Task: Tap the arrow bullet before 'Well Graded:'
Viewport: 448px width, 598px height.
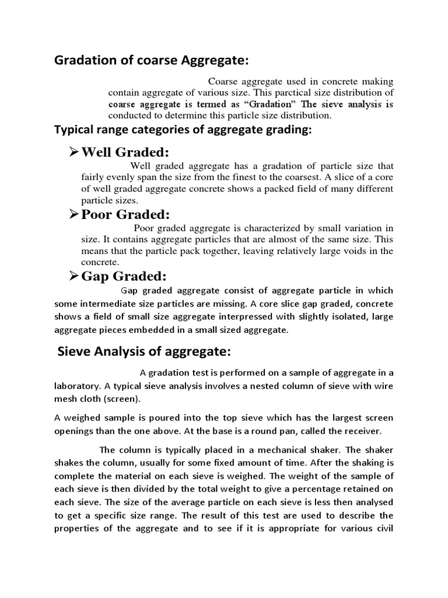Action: tap(74, 152)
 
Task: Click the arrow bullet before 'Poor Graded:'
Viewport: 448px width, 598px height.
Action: tap(74, 214)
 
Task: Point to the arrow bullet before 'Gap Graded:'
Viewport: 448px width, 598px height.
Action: tap(74, 276)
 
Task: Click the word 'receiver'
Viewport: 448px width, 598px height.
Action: tap(360, 432)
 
